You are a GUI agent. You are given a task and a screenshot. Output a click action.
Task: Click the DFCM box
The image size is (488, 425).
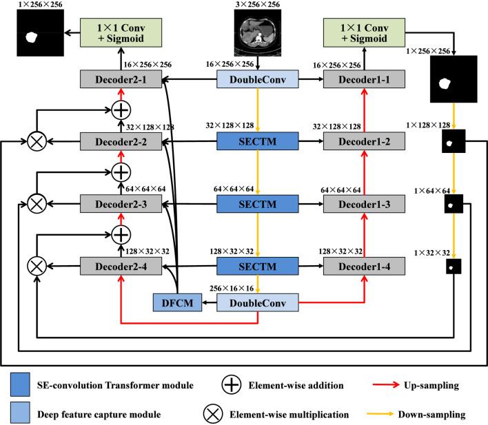tap(177, 302)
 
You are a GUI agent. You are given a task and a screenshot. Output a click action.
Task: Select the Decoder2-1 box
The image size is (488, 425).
tap(121, 79)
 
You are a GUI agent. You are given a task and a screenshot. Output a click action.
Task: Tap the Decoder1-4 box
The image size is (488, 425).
tap(364, 267)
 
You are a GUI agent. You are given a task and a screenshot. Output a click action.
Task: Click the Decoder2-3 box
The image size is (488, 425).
tap(121, 204)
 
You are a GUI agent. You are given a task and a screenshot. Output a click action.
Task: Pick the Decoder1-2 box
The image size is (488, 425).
tap(364, 142)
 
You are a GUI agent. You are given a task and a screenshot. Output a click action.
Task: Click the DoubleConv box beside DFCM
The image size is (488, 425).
tap(258, 302)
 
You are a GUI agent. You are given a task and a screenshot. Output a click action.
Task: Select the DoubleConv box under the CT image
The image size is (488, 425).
tap(258, 79)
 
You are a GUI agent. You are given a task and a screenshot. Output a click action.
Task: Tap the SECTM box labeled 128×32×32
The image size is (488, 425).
tap(258, 267)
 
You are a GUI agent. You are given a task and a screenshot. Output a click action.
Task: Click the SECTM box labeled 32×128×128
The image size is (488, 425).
tap(258, 141)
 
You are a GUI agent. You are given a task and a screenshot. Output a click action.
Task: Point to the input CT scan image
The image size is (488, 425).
tap(258, 32)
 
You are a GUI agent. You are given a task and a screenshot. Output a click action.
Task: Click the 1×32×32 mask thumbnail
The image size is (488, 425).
tap(454, 267)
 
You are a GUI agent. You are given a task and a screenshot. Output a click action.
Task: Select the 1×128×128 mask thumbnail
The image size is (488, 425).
tap(454, 141)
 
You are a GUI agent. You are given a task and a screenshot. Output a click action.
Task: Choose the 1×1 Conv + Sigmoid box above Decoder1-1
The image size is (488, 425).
tap(364, 32)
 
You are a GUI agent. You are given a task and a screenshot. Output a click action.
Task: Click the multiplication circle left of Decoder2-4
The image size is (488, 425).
tap(37, 267)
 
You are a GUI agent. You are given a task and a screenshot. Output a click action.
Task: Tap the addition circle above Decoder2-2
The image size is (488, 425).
tap(121, 110)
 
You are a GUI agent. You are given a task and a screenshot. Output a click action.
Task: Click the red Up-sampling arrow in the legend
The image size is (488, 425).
tap(386, 385)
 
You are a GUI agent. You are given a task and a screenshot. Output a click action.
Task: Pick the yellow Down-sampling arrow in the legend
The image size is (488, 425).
tap(380, 414)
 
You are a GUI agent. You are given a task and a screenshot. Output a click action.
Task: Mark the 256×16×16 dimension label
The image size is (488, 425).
tap(232, 289)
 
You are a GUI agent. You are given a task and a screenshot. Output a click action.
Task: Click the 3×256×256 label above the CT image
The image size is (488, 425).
tap(258, 4)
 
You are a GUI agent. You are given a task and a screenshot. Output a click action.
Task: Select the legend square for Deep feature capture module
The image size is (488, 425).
tap(20, 413)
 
